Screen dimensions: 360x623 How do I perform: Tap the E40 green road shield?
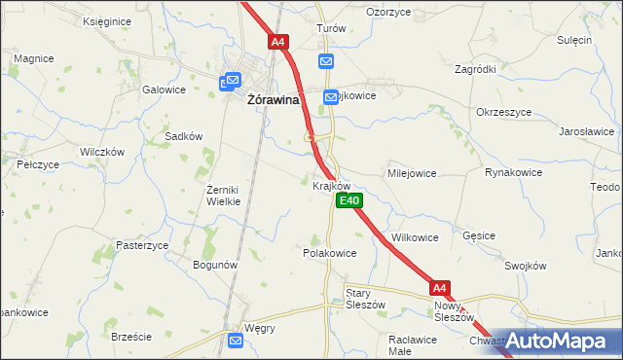pyautogui.click(x=349, y=200)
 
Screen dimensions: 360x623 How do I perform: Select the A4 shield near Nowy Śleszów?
pyautogui.click(x=440, y=287)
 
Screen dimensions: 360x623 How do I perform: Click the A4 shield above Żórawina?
pyautogui.click(x=278, y=42)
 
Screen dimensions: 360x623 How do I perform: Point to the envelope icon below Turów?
pyautogui.click(x=326, y=61)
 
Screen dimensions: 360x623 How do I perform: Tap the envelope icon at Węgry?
pyautogui.click(x=237, y=340)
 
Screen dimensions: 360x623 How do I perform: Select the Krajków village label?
pyautogui.click(x=331, y=185)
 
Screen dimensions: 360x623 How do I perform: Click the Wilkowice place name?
pyautogui.click(x=415, y=236)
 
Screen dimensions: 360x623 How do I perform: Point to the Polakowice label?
pyautogui.click(x=329, y=252)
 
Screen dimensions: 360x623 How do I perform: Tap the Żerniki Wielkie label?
pyautogui.click(x=230, y=195)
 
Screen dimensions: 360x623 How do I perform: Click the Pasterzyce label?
pyautogui.click(x=143, y=245)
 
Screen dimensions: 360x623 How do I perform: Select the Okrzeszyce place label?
pyautogui.click(x=503, y=112)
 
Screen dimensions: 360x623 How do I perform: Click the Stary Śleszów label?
pyautogui.click(x=366, y=298)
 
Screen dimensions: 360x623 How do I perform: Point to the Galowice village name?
pyautogui.click(x=164, y=90)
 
